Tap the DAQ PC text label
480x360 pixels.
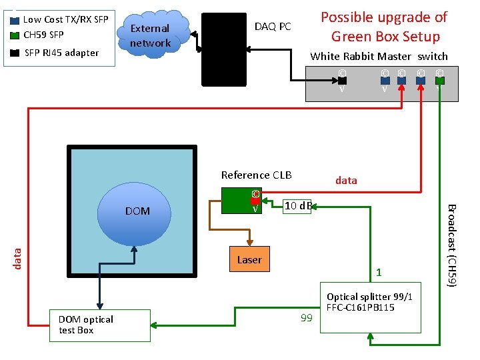point(273,27)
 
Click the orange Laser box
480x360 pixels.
point(249,260)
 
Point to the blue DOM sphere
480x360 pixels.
point(137,211)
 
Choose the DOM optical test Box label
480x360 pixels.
point(85,325)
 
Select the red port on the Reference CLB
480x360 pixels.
point(255,200)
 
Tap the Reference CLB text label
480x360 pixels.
point(256,175)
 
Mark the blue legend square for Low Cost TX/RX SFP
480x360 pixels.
point(15,20)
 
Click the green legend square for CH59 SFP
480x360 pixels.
point(15,35)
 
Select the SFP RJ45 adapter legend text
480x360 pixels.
point(61,53)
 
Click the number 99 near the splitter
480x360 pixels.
point(306,318)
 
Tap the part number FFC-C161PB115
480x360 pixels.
point(361,307)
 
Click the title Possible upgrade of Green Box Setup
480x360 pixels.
point(385,27)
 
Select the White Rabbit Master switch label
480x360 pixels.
point(379,57)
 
